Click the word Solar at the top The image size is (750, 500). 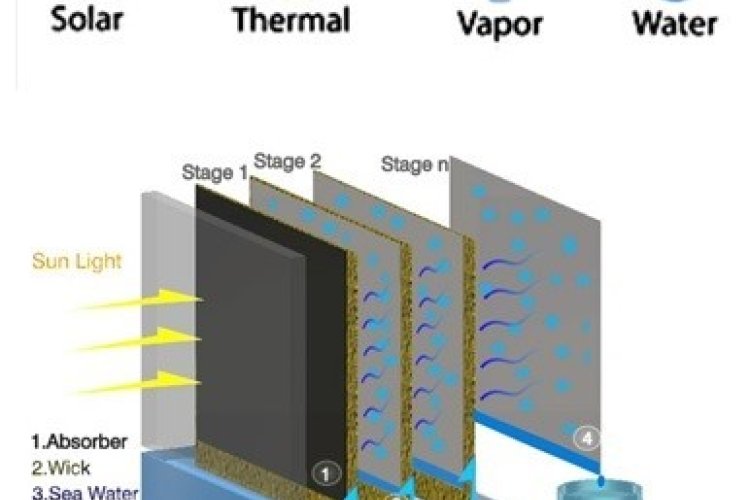(x=88, y=20)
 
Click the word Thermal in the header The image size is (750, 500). (x=291, y=20)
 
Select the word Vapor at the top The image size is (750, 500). (x=499, y=22)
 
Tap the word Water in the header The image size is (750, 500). (x=675, y=22)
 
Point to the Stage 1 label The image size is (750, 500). (x=214, y=173)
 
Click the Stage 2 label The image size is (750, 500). (x=287, y=161)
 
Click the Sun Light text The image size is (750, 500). (x=77, y=262)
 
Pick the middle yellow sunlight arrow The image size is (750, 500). (x=141, y=340)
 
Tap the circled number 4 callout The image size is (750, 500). (x=587, y=437)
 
